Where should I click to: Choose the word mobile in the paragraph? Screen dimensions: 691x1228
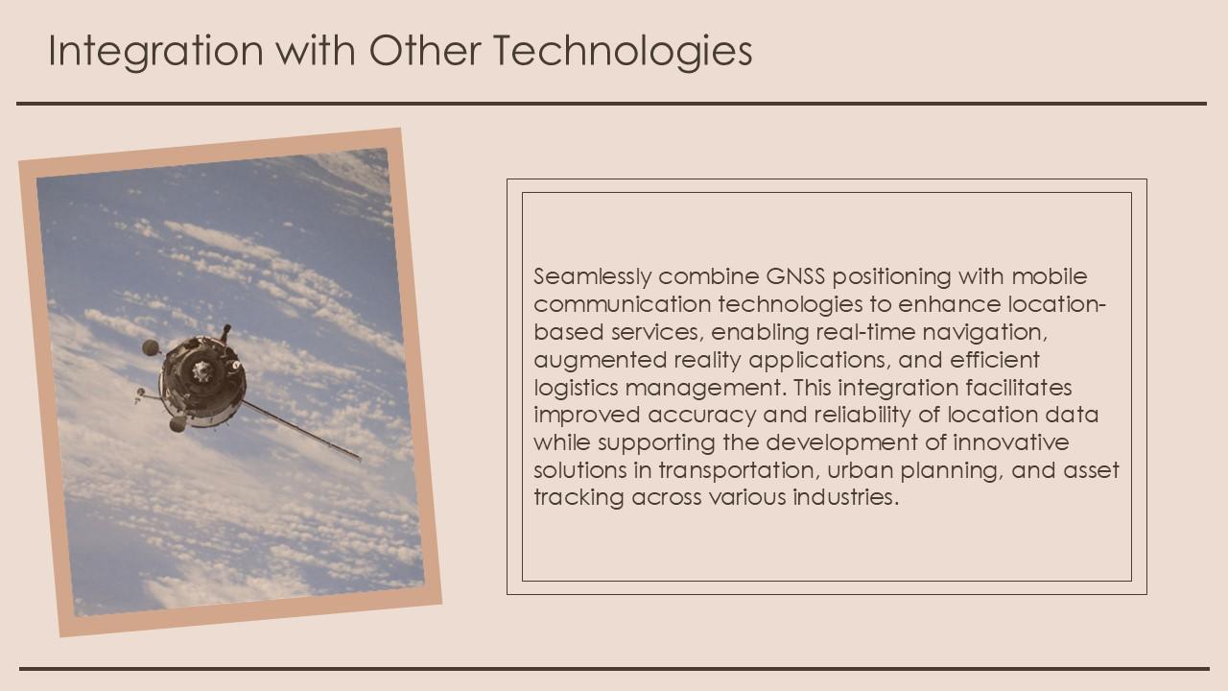(x=1050, y=276)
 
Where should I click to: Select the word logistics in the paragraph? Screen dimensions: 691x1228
(x=577, y=388)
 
